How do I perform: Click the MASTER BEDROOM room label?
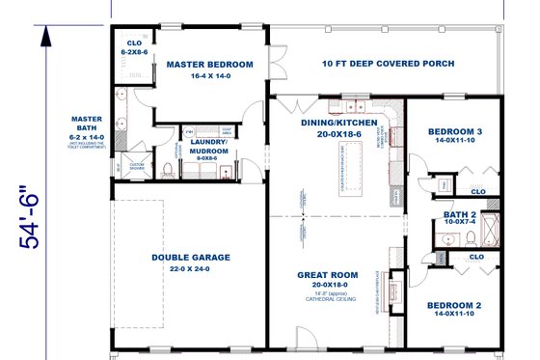click(x=209, y=65)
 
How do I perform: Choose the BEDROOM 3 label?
click(x=455, y=131)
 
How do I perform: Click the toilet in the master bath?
click(x=168, y=170)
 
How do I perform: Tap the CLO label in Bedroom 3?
click(x=477, y=191)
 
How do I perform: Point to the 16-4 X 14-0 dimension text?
click(x=209, y=76)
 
